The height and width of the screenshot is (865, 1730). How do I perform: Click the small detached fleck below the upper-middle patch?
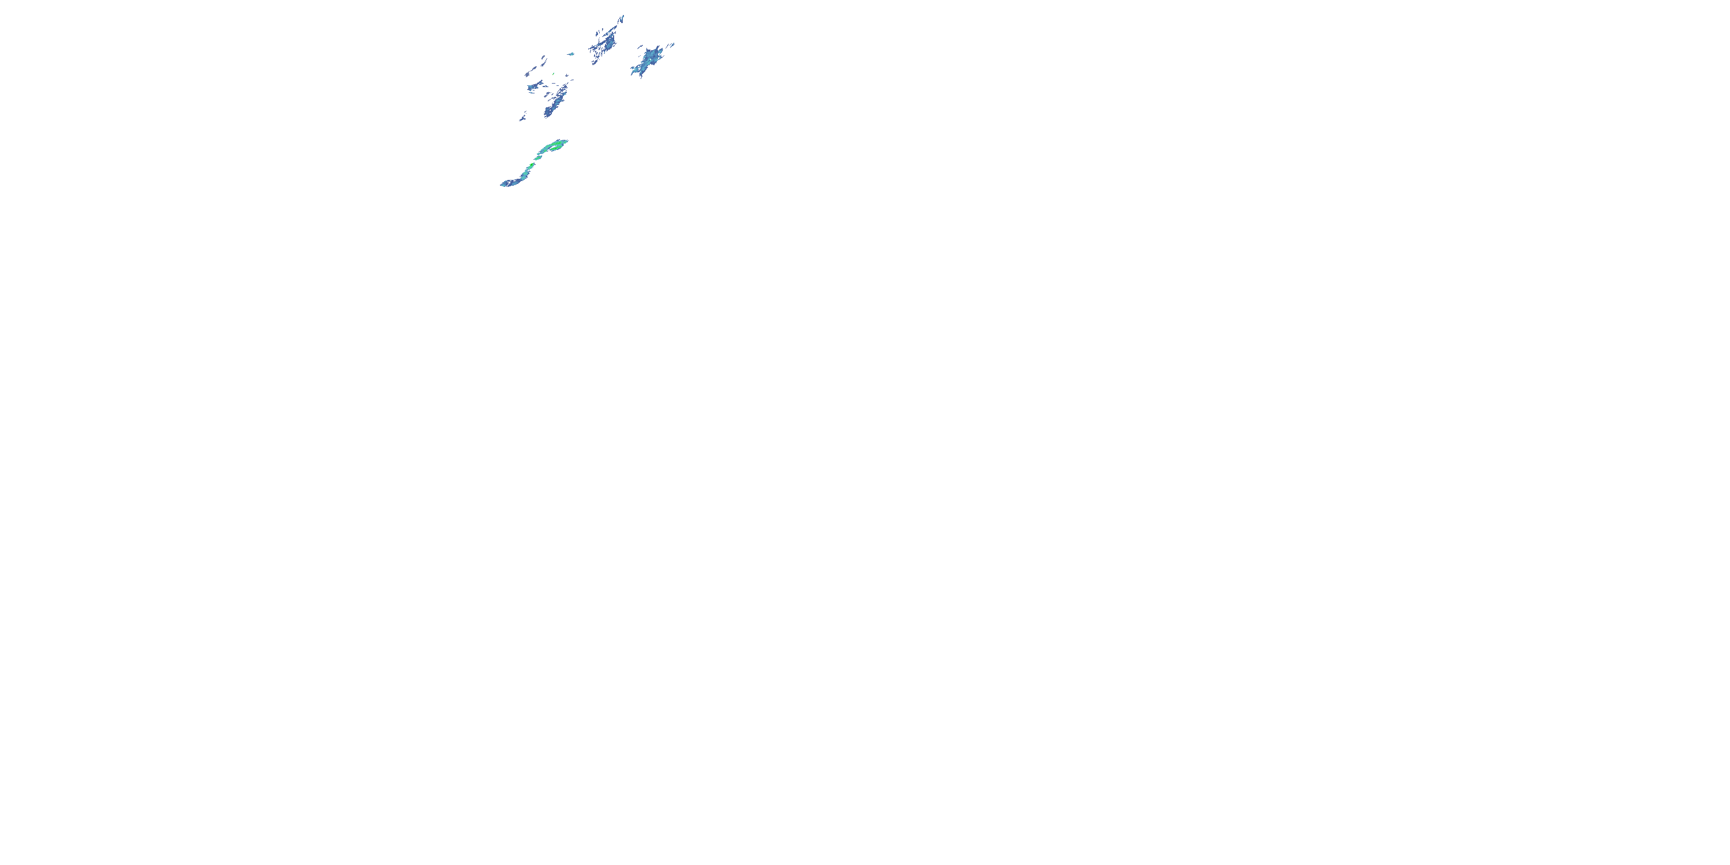pos(595,62)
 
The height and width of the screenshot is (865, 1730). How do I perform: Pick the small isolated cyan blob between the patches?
pos(571,54)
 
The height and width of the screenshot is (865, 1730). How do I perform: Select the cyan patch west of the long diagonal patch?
pos(534,86)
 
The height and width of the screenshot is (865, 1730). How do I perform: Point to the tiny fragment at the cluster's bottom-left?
pos(522,118)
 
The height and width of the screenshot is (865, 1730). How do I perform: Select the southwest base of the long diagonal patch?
pos(548,114)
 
